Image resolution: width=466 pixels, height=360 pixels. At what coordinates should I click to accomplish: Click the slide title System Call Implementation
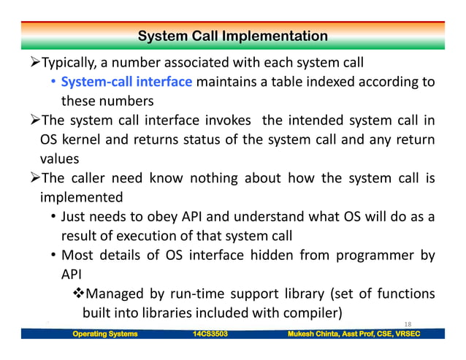click(x=232, y=36)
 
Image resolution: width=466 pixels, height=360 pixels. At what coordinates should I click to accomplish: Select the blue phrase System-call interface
click(x=126, y=80)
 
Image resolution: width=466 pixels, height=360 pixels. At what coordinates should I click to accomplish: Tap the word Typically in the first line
click(x=74, y=61)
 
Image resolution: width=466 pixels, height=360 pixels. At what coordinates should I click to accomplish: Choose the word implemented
click(x=81, y=197)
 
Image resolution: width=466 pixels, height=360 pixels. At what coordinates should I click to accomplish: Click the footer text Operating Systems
click(x=104, y=334)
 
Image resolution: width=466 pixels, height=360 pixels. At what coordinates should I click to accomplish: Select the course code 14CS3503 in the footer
click(x=205, y=334)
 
